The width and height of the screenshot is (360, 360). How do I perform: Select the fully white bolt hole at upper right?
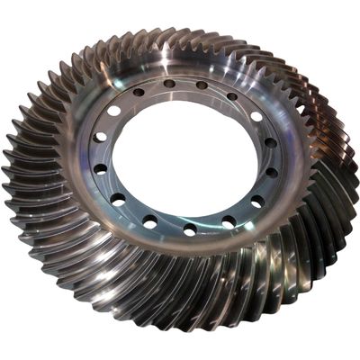coord(256,116)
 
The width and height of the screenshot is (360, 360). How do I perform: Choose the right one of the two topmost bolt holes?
coord(202,85)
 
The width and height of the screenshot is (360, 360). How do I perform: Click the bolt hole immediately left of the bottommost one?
coord(149,220)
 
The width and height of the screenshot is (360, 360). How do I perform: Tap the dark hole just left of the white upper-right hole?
coord(232,96)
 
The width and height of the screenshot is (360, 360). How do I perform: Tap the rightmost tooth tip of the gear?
coord(356,180)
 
